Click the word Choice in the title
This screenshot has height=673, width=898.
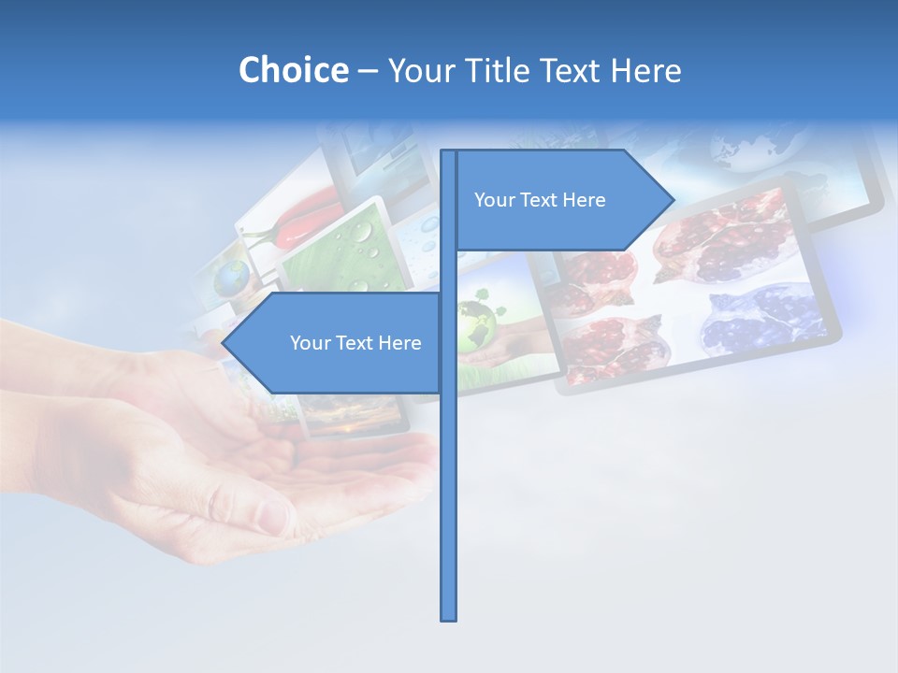click(x=293, y=70)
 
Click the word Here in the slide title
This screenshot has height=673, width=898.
click(x=645, y=70)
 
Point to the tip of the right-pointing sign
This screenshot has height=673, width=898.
click(x=673, y=199)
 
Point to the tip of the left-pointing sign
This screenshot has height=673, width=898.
click(x=223, y=342)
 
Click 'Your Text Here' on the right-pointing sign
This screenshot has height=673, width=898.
click(x=540, y=200)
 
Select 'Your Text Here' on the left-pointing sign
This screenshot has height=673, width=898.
click(x=355, y=343)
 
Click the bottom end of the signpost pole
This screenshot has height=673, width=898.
click(x=449, y=618)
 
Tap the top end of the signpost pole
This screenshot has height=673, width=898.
click(x=449, y=151)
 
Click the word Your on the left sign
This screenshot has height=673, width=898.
click(x=309, y=343)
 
